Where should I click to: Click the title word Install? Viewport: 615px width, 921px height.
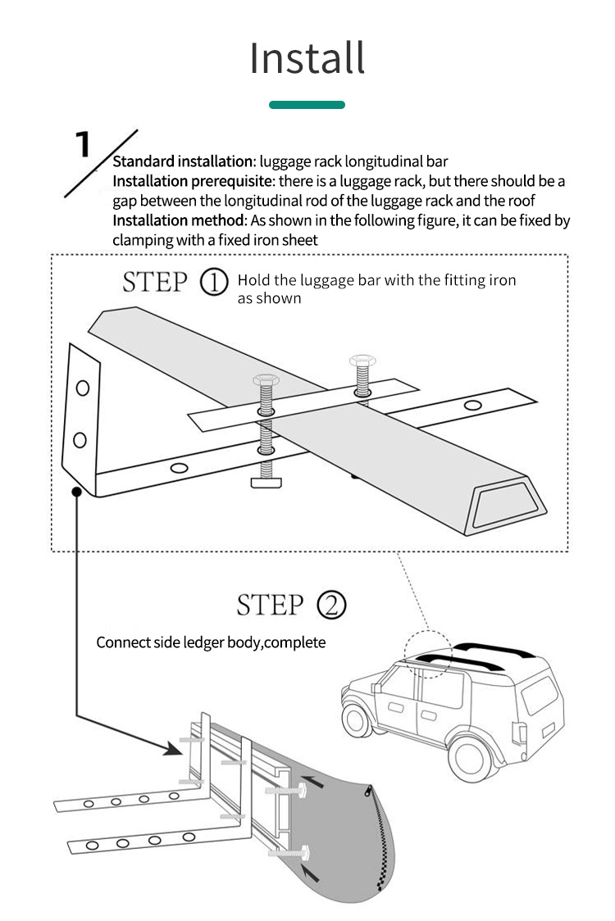(307, 58)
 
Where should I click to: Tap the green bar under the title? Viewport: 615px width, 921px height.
(307, 105)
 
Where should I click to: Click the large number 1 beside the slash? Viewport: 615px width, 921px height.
(83, 143)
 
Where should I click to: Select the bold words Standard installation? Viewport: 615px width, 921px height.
(181, 161)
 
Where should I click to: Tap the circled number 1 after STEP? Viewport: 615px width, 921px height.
(214, 283)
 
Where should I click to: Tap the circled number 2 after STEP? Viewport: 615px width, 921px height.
(331, 606)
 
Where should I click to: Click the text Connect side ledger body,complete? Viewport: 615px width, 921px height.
(211, 642)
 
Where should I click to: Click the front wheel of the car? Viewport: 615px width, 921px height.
(357, 719)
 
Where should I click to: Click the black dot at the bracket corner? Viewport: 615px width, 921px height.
(76, 492)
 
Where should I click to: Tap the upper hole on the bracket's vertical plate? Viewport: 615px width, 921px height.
(82, 388)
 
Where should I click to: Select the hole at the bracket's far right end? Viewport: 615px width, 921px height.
(472, 405)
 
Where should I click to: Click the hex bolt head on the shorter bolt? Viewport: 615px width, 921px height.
(362, 361)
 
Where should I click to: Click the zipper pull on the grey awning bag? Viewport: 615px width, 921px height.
(368, 791)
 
